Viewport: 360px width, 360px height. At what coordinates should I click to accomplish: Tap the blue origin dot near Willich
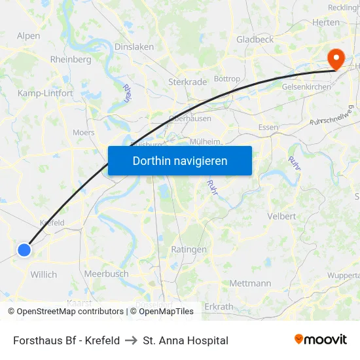click(24, 249)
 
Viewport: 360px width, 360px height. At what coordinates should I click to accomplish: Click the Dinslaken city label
click(134, 46)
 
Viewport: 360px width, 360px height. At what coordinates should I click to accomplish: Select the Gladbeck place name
click(255, 39)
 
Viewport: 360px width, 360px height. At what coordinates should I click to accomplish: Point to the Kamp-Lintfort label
click(46, 94)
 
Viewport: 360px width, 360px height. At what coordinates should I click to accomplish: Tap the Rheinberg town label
click(71, 59)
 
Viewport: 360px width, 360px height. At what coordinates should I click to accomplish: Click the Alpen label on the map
click(28, 36)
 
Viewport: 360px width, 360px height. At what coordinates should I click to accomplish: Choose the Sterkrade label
click(187, 82)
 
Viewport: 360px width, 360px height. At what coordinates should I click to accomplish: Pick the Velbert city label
click(281, 216)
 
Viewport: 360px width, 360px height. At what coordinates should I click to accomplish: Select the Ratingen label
click(189, 249)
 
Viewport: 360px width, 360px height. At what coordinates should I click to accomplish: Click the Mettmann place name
click(250, 283)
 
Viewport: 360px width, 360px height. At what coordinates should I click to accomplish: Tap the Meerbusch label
click(106, 274)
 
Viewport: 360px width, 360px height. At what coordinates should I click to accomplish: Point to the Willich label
click(44, 274)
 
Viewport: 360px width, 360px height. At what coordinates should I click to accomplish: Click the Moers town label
click(83, 132)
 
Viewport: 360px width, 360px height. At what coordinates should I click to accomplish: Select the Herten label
click(325, 22)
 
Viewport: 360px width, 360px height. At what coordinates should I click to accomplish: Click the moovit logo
click(321, 339)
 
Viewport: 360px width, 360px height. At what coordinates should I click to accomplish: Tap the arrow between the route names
click(131, 340)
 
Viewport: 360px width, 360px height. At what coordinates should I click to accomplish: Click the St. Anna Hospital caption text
click(185, 340)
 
